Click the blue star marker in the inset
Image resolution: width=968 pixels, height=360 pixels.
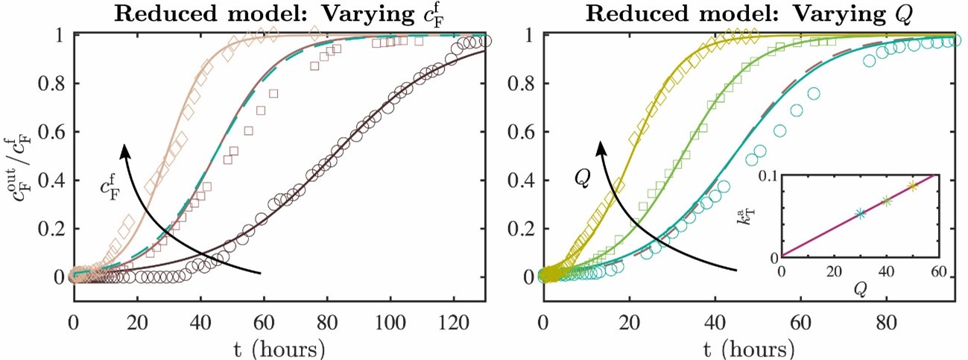point(861,213)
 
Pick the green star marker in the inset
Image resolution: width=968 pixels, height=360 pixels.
point(886,201)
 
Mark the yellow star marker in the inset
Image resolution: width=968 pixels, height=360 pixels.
point(913,186)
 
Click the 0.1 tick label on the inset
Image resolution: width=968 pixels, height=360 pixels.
point(768,175)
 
